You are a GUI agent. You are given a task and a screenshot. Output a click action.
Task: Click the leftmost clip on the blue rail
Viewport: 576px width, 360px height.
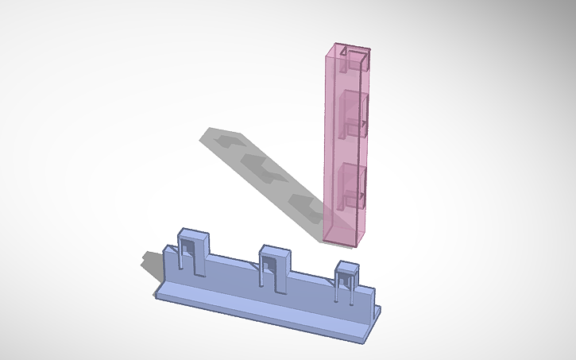pos(193,250)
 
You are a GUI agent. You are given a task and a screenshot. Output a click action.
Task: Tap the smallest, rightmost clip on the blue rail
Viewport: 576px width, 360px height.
pos(348,280)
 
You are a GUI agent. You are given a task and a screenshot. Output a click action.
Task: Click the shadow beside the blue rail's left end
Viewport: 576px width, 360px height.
pos(151,263)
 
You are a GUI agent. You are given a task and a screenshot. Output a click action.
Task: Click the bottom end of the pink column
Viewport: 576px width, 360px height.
pos(342,238)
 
